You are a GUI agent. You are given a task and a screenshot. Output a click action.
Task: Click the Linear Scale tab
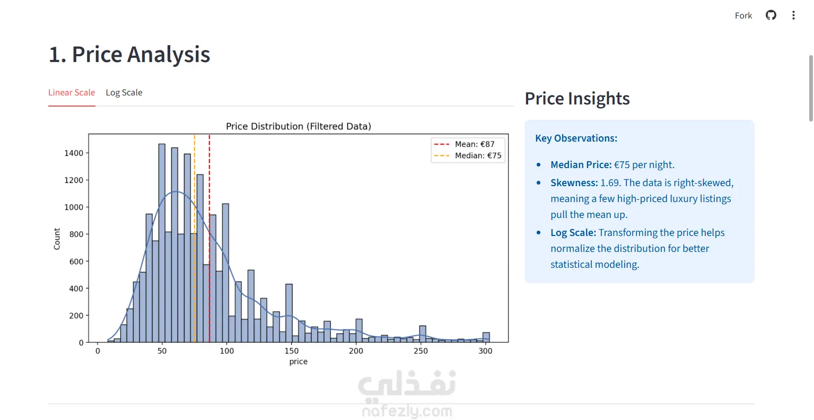point(72,93)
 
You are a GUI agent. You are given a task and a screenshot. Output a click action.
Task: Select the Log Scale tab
point(124,93)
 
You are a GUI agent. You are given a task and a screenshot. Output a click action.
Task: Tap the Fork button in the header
point(743,15)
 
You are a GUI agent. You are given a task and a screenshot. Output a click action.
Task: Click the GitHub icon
point(771,15)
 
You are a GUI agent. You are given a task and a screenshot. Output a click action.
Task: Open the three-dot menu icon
point(793,15)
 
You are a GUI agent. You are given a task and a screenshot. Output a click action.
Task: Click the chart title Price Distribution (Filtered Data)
point(299,126)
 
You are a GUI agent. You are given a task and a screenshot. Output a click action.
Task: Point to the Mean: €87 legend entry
point(465,144)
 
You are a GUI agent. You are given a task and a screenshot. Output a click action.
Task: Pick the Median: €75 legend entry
point(468,155)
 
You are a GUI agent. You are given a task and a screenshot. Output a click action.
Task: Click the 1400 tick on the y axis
point(74,153)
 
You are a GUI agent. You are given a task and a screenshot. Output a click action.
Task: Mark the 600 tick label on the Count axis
point(76,261)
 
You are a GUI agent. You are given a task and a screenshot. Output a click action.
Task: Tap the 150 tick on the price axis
point(292,351)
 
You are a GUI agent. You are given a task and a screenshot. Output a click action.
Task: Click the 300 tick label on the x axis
point(486,351)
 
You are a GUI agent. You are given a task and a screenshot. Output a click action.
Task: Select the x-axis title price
point(299,362)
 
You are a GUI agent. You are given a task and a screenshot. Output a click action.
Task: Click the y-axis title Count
point(57,239)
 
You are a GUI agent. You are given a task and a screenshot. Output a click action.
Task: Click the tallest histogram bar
point(162,243)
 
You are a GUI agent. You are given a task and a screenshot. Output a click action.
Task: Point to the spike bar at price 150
point(289,313)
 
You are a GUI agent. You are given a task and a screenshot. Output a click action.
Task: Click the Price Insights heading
point(577,99)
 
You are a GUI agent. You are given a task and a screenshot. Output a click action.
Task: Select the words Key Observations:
point(576,138)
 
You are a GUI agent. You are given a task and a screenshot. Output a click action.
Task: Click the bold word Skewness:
point(574,183)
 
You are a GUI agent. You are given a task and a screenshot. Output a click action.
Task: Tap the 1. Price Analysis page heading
point(129,55)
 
